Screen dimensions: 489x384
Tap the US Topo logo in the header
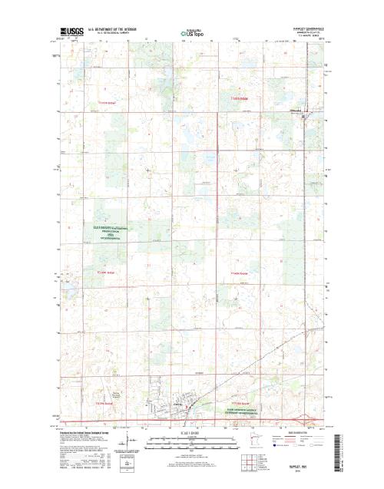193,34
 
